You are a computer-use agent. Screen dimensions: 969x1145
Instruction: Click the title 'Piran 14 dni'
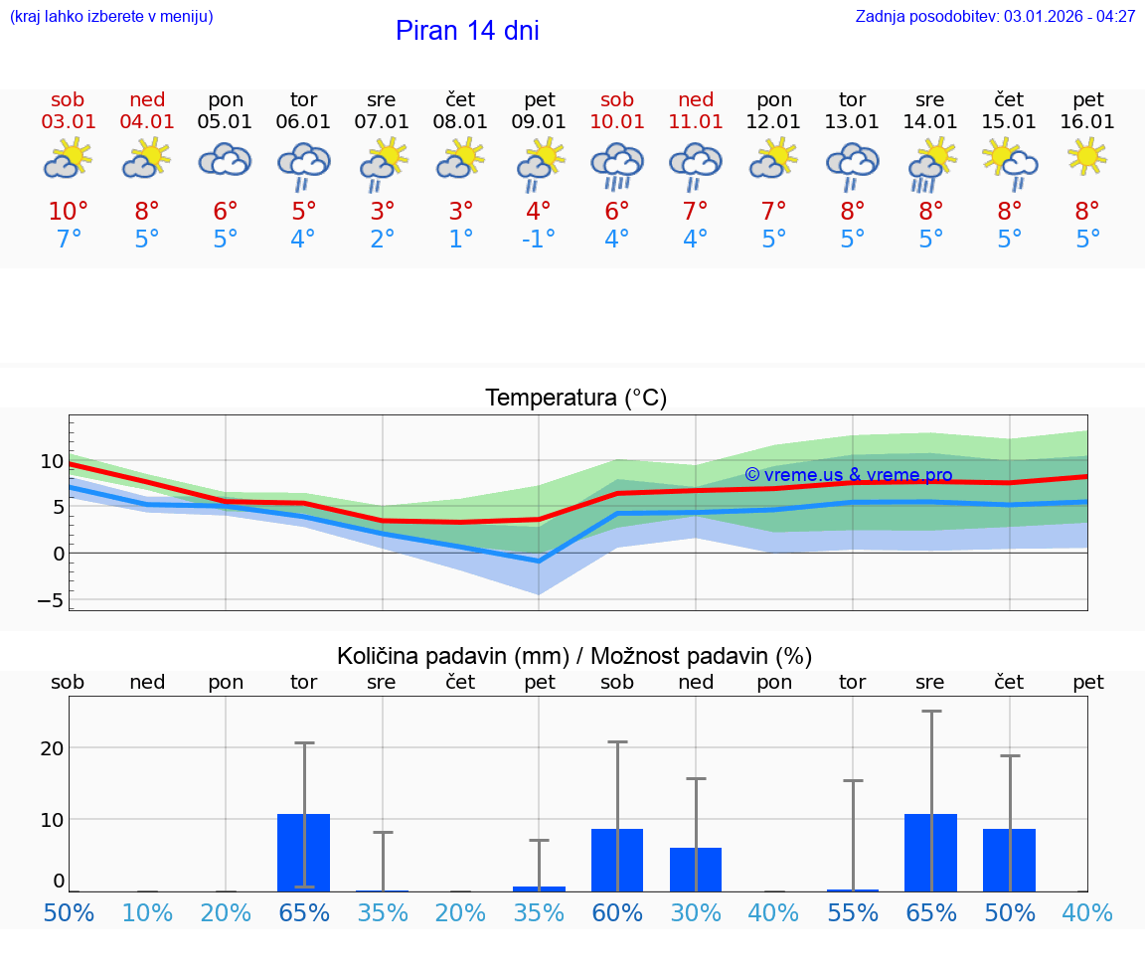[x=467, y=31]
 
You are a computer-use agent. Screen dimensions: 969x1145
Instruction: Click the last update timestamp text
[x=995, y=17]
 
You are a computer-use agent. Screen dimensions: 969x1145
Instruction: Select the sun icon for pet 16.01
[x=1087, y=156]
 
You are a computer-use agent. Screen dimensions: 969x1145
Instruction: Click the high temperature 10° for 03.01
[x=69, y=212]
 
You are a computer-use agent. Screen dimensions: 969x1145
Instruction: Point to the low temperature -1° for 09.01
[x=539, y=240]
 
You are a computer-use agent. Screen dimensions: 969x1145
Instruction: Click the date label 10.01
[x=617, y=122]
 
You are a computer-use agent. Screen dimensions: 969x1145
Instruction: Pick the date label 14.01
[x=930, y=122]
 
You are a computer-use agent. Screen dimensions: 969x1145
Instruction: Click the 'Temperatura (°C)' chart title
[x=575, y=399]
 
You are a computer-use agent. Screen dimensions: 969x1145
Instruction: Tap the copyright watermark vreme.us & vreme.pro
[x=848, y=475]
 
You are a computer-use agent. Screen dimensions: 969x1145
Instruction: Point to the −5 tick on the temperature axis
[x=53, y=600]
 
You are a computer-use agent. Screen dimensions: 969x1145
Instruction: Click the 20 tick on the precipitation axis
[x=53, y=747]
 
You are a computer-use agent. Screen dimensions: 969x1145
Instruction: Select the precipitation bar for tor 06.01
[x=304, y=853]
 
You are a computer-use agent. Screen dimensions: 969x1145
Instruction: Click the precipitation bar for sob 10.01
[x=617, y=860]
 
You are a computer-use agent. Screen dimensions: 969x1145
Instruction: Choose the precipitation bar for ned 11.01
[x=696, y=870]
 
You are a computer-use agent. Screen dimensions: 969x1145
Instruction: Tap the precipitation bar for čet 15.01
[x=1009, y=860]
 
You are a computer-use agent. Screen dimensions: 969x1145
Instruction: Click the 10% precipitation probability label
[x=147, y=912]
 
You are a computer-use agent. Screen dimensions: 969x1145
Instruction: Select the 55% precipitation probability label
[x=852, y=912]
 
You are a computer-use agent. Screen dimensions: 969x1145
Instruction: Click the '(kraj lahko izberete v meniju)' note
[x=111, y=17]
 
